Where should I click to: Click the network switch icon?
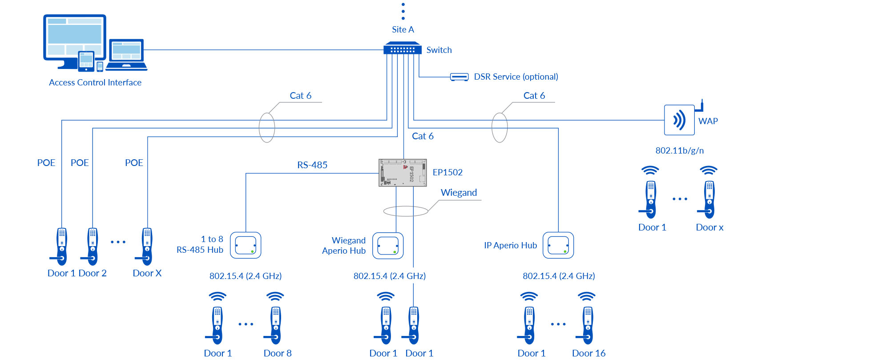click(403, 48)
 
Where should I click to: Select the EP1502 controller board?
click(403, 173)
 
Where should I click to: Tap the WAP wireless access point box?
click(679, 120)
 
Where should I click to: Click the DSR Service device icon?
click(459, 77)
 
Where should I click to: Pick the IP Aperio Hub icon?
click(558, 245)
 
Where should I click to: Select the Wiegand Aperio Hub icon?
click(388, 246)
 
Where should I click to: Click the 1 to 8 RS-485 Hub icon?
click(246, 245)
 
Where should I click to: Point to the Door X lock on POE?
click(147, 247)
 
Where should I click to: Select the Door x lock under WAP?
click(709, 199)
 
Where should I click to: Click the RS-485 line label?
click(312, 165)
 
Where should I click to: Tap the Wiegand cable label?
click(459, 193)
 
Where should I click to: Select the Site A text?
click(403, 30)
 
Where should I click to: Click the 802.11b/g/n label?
click(679, 150)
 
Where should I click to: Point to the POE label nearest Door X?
click(134, 163)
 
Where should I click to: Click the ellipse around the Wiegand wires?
click(406, 211)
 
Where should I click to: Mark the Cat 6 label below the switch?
click(423, 136)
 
